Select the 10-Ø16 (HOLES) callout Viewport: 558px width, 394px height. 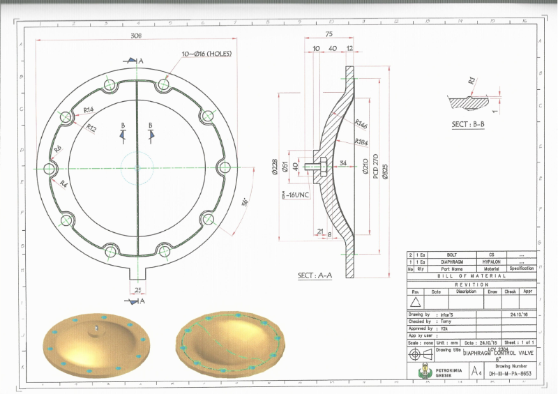(x=206, y=54)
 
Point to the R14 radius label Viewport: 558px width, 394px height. (x=89, y=110)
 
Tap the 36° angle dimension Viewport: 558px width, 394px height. (x=244, y=202)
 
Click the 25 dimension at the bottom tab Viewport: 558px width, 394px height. (x=137, y=288)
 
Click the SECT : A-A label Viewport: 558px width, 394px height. (x=315, y=276)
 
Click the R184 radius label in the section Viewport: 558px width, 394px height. (x=361, y=142)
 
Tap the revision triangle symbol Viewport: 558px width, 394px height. (x=416, y=302)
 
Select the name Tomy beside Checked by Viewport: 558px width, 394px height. (x=446, y=321)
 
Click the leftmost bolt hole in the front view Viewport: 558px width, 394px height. (x=50, y=168)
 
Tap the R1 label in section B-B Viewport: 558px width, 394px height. (x=472, y=81)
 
